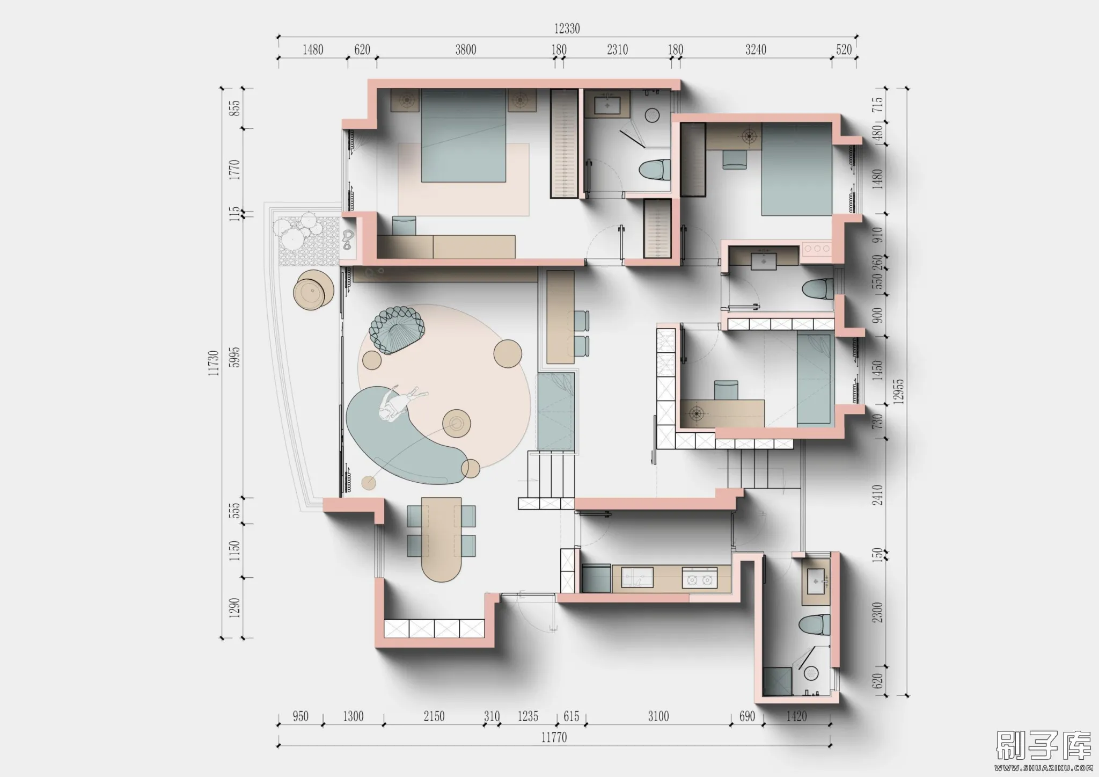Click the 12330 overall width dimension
tap(567, 28)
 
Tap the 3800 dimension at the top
tap(466, 50)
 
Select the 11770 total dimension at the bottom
tap(554, 737)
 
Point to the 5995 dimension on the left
tap(235, 357)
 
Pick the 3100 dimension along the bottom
tap(658, 716)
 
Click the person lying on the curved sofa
tap(399, 402)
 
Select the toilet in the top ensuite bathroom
tap(655, 170)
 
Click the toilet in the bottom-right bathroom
tap(814, 625)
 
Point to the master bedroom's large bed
tap(464, 136)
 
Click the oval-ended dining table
tap(441, 540)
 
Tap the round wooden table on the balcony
tap(313, 291)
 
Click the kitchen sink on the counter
tap(638, 578)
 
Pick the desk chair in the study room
tap(726, 389)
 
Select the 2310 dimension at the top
tap(617, 50)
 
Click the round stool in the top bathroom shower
tap(652, 115)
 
